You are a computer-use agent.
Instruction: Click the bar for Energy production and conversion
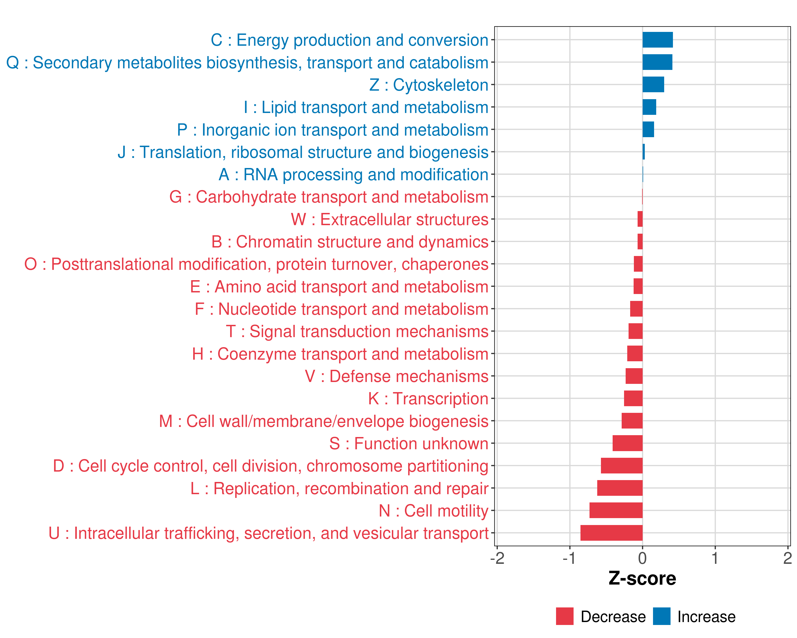(657, 40)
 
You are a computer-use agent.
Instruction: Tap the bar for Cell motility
(616, 510)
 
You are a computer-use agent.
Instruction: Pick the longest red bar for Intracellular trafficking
(611, 533)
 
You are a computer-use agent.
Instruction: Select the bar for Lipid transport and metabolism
(649, 107)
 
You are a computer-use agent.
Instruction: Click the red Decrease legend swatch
(565, 616)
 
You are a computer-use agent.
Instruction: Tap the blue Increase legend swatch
(661, 616)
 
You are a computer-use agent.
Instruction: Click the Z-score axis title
(642, 578)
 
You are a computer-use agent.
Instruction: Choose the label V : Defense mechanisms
(396, 376)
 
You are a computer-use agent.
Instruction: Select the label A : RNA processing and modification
(353, 175)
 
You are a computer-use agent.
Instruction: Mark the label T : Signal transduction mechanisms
(357, 331)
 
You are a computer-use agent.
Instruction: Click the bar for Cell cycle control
(621, 466)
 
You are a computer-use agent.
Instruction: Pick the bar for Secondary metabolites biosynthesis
(657, 62)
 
